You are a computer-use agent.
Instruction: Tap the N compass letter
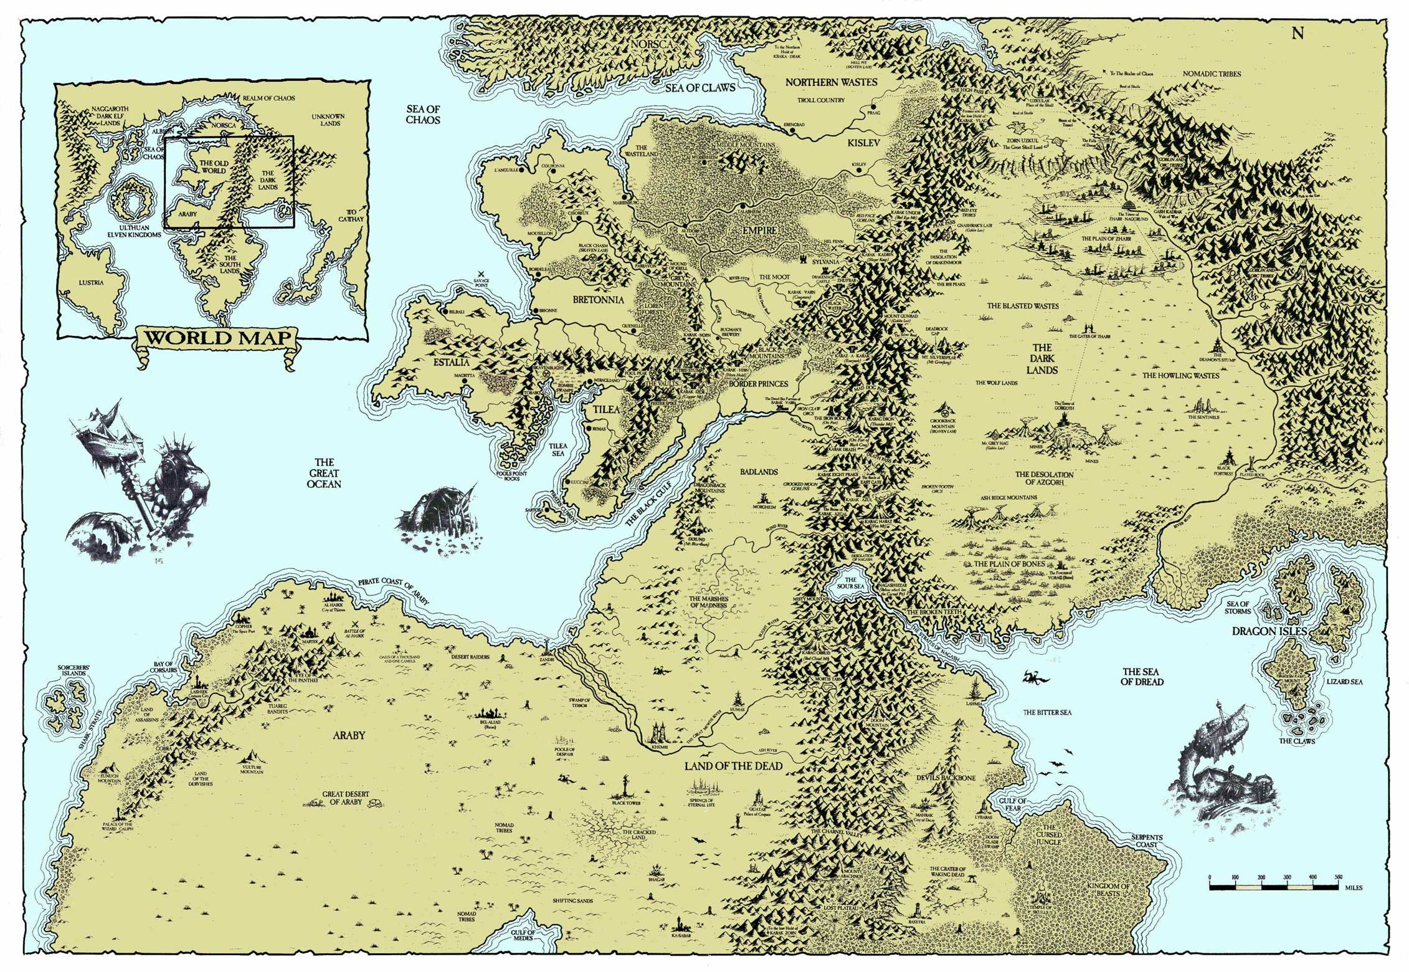pos(1297,34)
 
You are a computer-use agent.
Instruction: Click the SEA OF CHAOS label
pos(423,115)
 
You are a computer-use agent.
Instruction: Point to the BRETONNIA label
pos(598,300)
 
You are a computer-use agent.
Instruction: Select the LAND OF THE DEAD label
pos(733,766)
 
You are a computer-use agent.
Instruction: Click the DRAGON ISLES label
pos(1269,632)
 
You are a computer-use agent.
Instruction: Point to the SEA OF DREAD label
pos(1142,677)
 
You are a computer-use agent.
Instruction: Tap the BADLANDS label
pos(759,472)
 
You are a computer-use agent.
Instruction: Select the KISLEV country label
pos(863,143)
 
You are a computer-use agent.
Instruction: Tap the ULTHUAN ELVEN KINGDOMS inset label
pos(135,231)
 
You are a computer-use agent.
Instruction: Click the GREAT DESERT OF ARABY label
pos(346,798)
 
